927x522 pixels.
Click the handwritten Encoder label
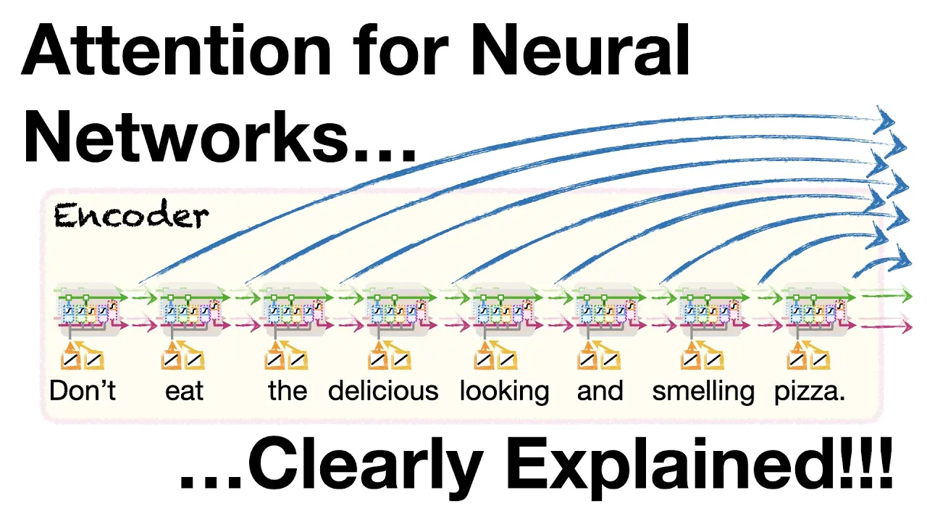click(x=131, y=216)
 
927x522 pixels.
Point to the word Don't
click(x=83, y=391)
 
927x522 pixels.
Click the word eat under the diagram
click(x=184, y=391)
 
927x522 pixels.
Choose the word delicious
click(x=383, y=391)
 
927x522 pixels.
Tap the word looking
click(x=504, y=391)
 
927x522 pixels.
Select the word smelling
click(x=702, y=391)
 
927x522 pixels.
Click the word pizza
click(x=810, y=391)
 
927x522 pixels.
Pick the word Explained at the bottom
click(x=689, y=470)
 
